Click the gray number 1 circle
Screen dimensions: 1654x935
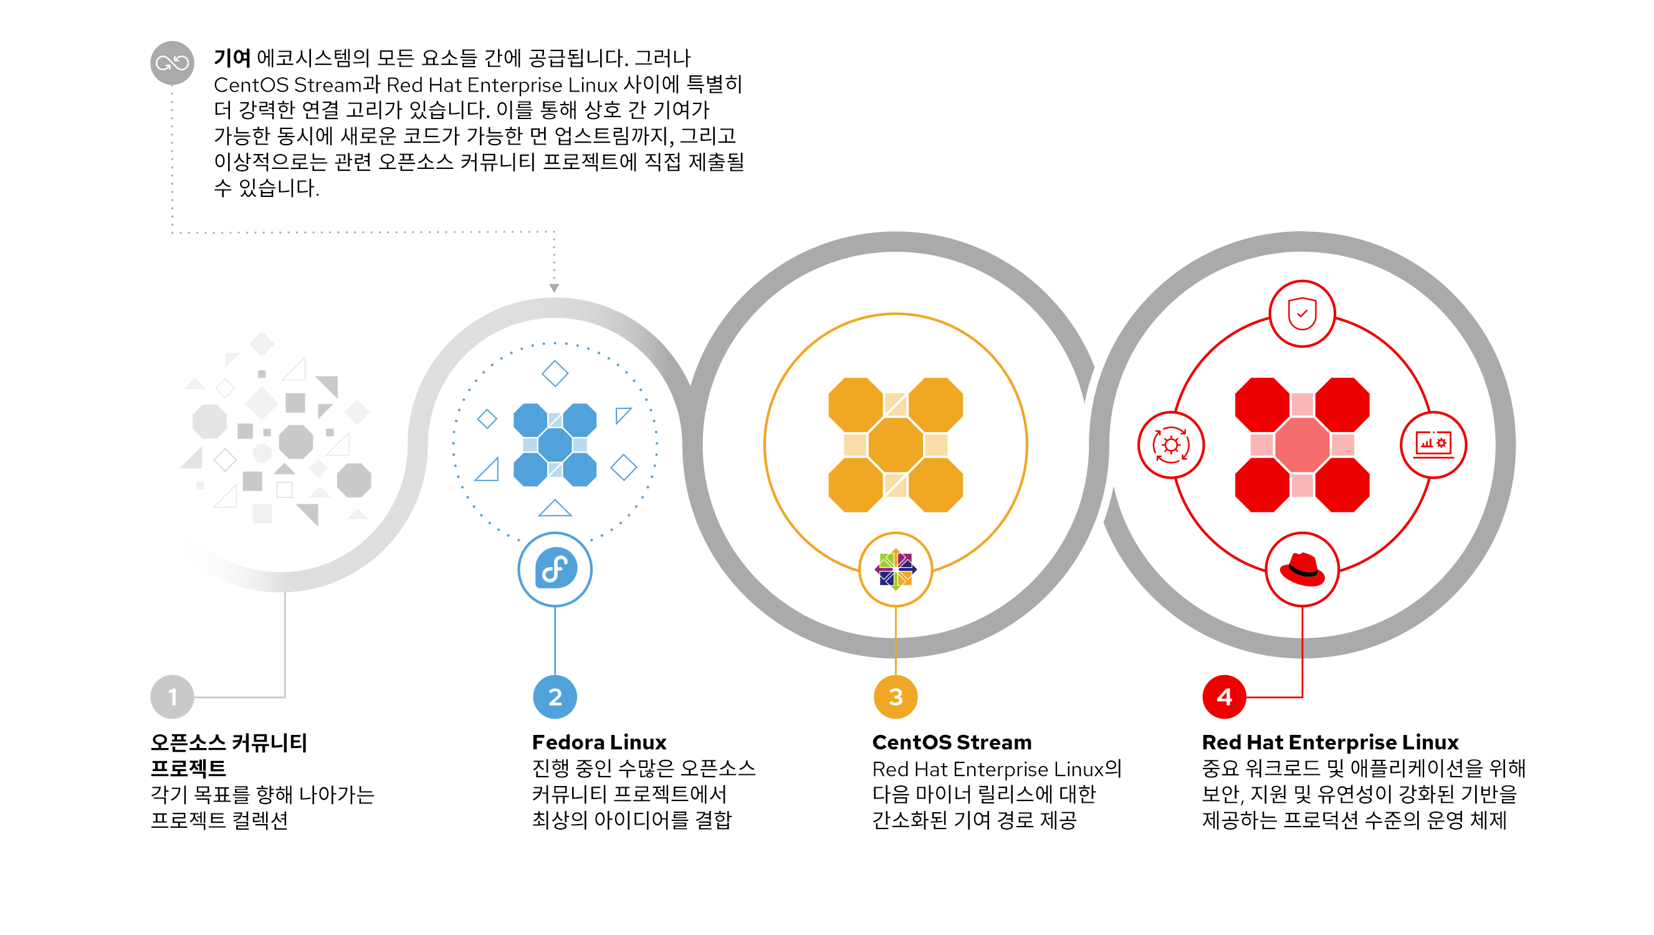click(172, 697)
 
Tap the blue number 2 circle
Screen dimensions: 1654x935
click(555, 697)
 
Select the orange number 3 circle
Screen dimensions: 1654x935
click(896, 697)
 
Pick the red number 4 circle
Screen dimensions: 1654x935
click(1224, 697)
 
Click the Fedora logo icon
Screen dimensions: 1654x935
click(555, 569)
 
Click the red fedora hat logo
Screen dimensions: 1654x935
click(1302, 570)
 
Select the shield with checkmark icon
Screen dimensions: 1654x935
click(1302, 314)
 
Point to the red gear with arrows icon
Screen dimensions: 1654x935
click(1171, 444)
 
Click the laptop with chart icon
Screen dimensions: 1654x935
click(1433, 444)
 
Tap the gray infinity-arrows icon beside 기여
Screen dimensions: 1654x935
click(172, 63)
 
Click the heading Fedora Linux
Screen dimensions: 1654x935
click(599, 742)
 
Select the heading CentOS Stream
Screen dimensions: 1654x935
click(952, 742)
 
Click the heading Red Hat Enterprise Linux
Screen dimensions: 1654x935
click(1331, 742)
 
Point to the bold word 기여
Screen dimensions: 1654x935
click(232, 59)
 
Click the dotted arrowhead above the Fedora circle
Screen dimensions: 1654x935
click(554, 289)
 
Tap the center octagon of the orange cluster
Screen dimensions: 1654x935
click(896, 444)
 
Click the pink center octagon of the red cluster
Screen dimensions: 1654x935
click(1302, 444)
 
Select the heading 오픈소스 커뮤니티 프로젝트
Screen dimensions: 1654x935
click(229, 755)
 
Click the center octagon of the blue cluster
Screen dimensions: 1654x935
click(555, 444)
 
